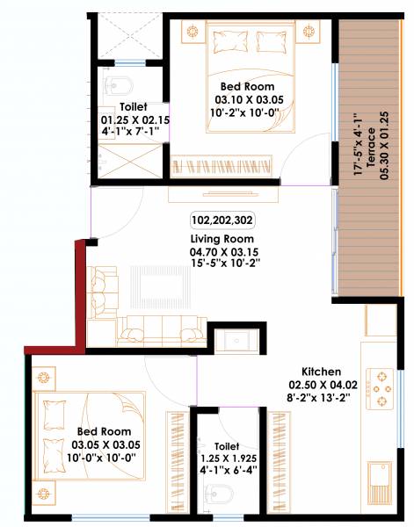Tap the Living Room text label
222,238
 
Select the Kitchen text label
321,372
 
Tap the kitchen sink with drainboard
381,479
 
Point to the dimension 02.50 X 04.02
321,384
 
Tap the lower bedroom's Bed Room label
104,431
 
